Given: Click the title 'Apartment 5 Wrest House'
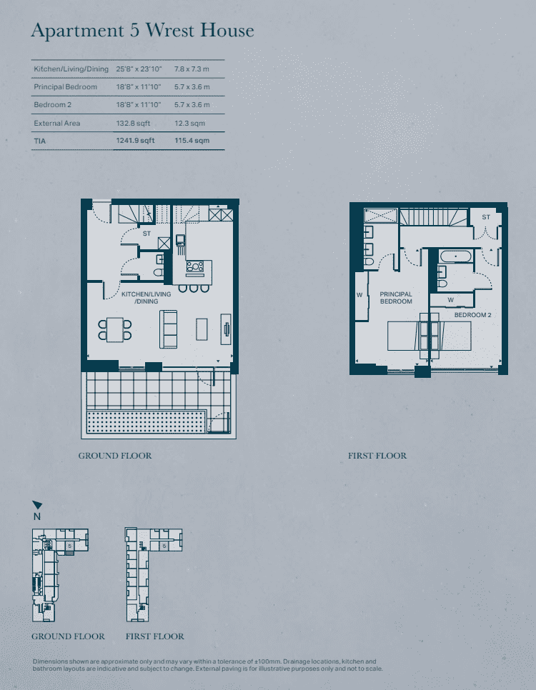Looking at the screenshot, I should click(x=142, y=31).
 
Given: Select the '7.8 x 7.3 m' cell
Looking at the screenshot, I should click(x=192, y=69).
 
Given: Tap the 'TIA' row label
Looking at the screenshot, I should click(x=40, y=141).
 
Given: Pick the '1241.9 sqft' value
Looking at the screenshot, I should click(x=135, y=141).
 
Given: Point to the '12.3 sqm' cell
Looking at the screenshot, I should click(x=189, y=124).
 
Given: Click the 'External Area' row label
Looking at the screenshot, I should click(x=57, y=124).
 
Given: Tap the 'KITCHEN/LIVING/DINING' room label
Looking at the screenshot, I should click(x=147, y=298).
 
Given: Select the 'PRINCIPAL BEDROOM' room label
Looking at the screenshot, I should click(x=396, y=298).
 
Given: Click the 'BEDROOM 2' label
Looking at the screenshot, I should click(x=472, y=315).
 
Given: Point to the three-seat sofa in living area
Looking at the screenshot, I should click(x=169, y=329).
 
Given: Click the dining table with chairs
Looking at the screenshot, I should click(x=115, y=329).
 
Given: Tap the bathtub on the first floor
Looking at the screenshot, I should click(x=455, y=256).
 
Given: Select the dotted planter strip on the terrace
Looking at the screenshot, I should click(x=147, y=422).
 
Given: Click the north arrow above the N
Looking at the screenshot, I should click(x=37, y=505).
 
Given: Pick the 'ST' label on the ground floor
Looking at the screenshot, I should click(x=147, y=234).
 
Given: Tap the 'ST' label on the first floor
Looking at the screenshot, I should click(x=486, y=217).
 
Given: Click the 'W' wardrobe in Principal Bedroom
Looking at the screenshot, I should click(x=359, y=294).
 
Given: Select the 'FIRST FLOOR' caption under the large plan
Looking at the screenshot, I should click(x=377, y=456).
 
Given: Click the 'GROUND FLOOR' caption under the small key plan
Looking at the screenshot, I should click(x=68, y=636).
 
